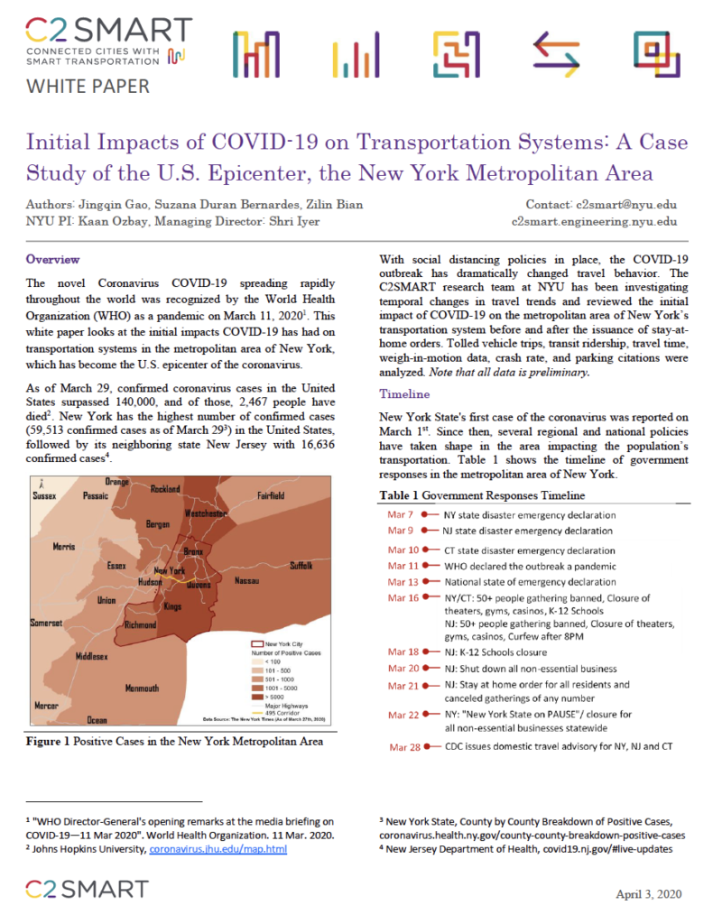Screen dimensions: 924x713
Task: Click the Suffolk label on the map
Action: click(301, 566)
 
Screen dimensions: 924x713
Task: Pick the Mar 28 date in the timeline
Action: click(403, 747)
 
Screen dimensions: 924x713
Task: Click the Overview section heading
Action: click(52, 260)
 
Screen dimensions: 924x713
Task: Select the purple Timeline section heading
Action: click(405, 394)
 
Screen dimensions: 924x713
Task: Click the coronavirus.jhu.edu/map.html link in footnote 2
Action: click(218, 850)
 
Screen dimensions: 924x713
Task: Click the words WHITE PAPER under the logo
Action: click(88, 87)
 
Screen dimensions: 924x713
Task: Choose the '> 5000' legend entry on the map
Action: click(270, 697)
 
